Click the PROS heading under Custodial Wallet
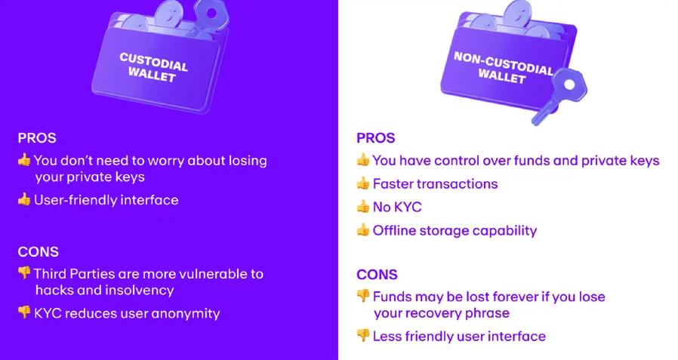(x=37, y=138)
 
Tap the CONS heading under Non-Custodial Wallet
(x=377, y=275)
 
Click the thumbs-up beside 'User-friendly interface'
(x=24, y=200)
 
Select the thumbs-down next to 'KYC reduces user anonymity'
(x=24, y=312)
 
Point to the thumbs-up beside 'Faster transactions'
(x=363, y=183)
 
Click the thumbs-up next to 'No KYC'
(x=363, y=207)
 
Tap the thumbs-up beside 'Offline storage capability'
(x=363, y=230)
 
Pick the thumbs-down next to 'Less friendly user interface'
(x=363, y=336)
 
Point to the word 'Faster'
(x=395, y=183)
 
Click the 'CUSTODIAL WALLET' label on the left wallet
(x=153, y=67)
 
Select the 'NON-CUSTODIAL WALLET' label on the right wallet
(x=502, y=67)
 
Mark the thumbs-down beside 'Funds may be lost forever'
(x=363, y=297)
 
